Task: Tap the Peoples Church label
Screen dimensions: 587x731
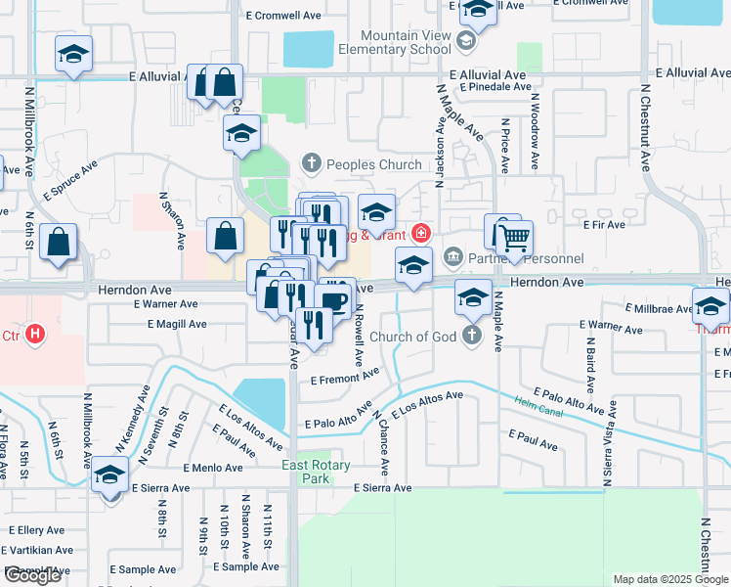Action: [x=373, y=164]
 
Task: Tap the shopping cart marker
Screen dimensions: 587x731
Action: [x=514, y=237]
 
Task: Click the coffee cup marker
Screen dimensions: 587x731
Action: [x=335, y=299]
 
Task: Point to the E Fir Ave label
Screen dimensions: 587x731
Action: [x=603, y=224]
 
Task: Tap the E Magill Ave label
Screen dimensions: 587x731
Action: [x=170, y=324]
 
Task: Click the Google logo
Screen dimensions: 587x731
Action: [x=32, y=575]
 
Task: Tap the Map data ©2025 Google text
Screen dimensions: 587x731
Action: [x=669, y=579]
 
